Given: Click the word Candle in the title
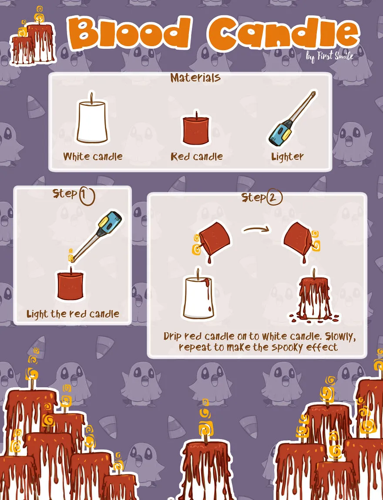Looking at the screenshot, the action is [x=284, y=33].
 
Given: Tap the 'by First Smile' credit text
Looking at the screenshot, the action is [x=330, y=57].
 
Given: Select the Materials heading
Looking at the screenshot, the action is [x=195, y=78].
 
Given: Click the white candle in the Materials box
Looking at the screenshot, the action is [x=92, y=118].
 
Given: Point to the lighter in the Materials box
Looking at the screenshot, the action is [x=291, y=119].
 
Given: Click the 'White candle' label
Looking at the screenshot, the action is [x=93, y=156].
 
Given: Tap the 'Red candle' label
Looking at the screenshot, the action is [x=197, y=156].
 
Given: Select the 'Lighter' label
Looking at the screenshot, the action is [x=287, y=157].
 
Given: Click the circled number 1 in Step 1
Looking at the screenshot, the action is [x=86, y=196].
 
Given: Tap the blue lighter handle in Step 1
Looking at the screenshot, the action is [x=109, y=223].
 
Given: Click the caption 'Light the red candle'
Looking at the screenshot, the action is [x=73, y=314].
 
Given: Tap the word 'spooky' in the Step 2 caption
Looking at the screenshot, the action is [x=285, y=348].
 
